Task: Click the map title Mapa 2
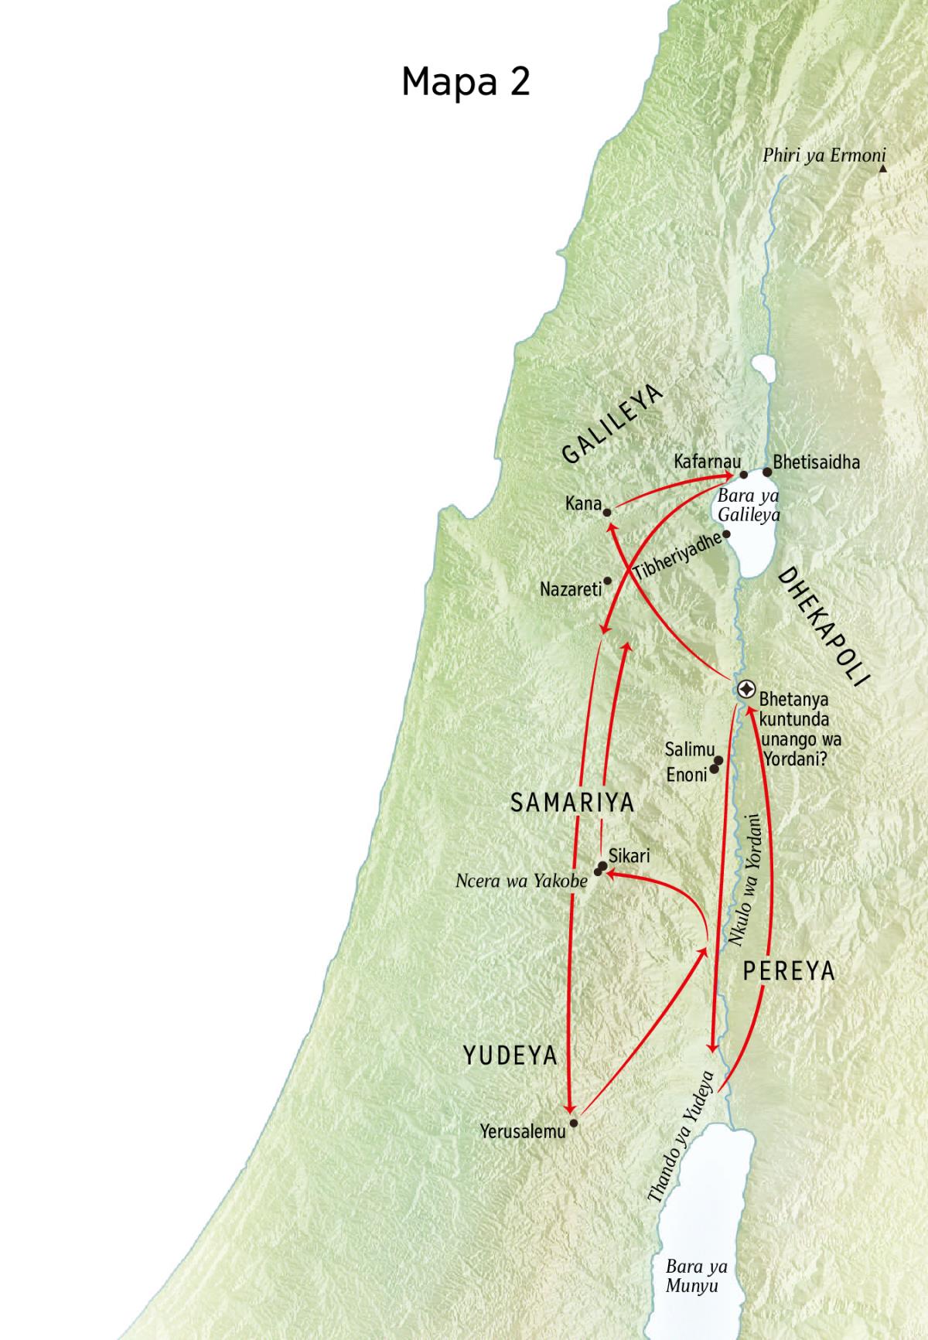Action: tap(466, 80)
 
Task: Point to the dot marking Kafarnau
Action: tap(744, 475)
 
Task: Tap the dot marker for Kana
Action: tap(608, 512)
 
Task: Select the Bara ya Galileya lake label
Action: tap(749, 505)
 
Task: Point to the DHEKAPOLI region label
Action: tap(824, 626)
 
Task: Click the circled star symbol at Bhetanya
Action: tap(746, 688)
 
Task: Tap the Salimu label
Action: tap(689, 749)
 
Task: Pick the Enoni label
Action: tap(687, 774)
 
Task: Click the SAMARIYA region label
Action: tap(572, 803)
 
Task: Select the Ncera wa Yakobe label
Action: tap(522, 881)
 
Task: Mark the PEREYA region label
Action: tap(789, 971)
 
